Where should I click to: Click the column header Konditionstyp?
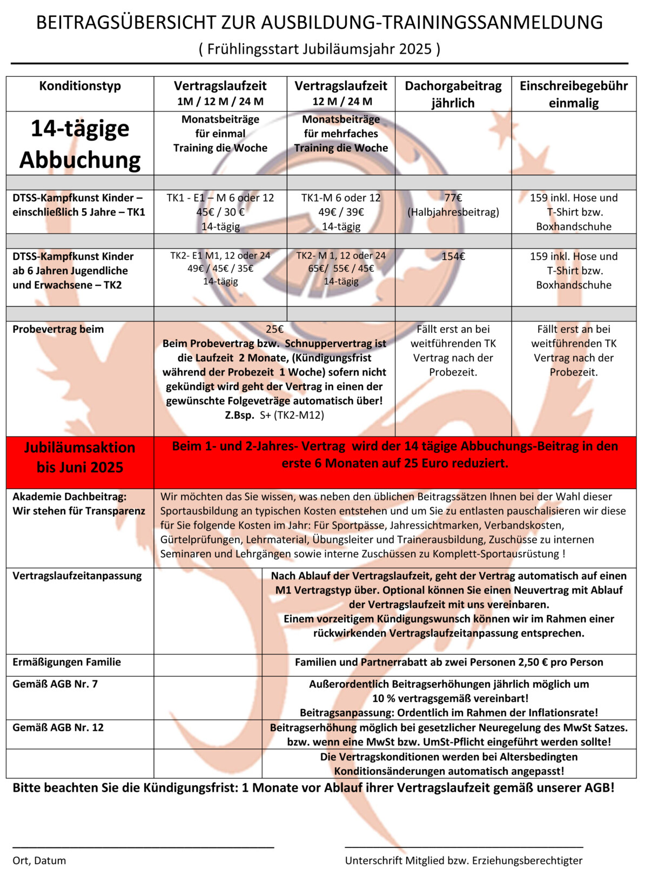coord(80,86)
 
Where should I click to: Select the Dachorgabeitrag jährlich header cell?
coord(453,94)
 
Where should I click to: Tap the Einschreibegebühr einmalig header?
coord(574,94)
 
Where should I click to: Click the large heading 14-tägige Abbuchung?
coord(80,144)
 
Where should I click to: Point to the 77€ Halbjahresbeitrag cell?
coord(453,205)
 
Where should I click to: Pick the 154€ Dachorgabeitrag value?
coord(453,256)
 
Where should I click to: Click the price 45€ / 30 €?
coord(220,212)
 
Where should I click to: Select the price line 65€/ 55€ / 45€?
coord(341,268)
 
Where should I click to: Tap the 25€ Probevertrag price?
coord(274,329)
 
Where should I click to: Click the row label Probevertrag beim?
coord(58,329)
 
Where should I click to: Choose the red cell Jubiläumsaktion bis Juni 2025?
coord(80,457)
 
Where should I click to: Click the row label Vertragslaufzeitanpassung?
coord(77,576)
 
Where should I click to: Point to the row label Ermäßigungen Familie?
coord(67,662)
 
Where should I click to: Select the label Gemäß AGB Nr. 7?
coord(55,684)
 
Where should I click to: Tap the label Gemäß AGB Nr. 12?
coord(58,727)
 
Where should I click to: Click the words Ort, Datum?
coord(39,860)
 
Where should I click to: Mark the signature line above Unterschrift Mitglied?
coord(464,847)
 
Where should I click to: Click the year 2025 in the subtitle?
coord(415,49)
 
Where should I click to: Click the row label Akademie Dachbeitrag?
coord(69,497)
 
